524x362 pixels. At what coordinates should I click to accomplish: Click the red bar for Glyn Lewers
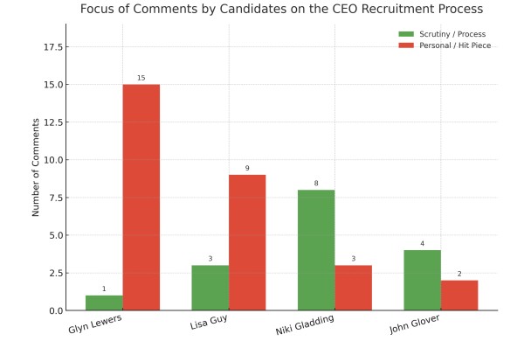point(141,198)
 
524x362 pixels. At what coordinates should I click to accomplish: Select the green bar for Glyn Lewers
point(104,303)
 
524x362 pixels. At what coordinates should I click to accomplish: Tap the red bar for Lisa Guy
point(247,242)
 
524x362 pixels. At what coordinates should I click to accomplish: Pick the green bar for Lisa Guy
point(210,288)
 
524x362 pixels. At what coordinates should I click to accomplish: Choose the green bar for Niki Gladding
point(316,250)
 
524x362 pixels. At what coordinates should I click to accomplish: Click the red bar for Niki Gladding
point(353,288)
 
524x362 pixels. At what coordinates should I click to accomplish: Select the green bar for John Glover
point(422,280)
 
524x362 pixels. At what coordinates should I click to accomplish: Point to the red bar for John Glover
point(459,296)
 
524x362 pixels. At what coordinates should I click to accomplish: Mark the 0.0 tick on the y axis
point(54,310)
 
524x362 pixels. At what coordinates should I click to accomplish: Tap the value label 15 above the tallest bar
point(141,79)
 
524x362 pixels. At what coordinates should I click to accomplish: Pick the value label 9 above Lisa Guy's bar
point(247,169)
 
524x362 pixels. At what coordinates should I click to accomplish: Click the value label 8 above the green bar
point(316,184)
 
